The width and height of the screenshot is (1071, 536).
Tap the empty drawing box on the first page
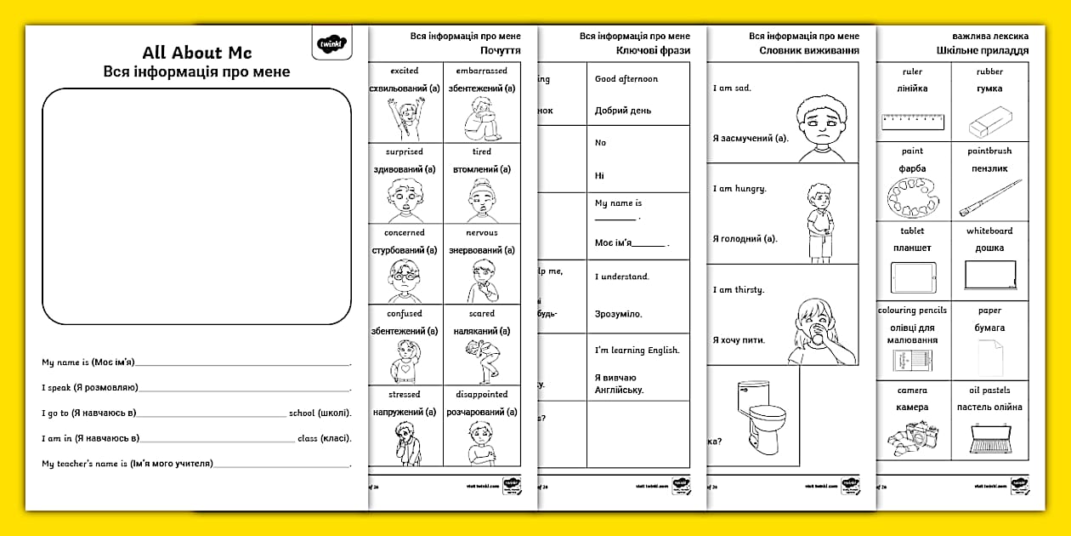196,206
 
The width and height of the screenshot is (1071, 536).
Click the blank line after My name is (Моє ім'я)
243,363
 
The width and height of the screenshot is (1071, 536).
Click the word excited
405,71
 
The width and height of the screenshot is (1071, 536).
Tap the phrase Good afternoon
626,79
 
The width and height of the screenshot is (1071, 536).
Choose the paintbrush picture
989,198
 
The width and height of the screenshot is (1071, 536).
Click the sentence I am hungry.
739,189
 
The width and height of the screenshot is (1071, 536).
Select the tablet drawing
913,277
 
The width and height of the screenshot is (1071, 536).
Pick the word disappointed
481,394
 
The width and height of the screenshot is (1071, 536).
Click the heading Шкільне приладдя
983,50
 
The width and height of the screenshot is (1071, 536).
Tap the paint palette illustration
913,198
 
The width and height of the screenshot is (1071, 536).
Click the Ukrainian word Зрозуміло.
619,314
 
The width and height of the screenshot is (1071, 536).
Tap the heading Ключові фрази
653,50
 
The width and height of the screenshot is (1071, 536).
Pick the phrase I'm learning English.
637,350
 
